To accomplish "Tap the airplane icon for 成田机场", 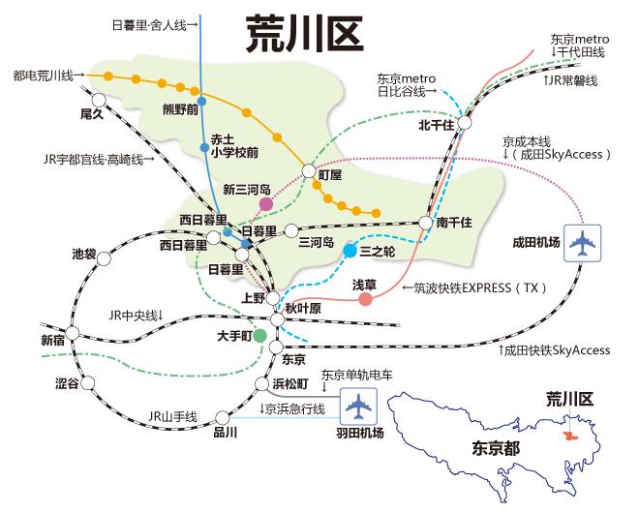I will (582, 243).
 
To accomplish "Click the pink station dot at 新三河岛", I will (265, 204).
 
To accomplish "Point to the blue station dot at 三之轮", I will (350, 252).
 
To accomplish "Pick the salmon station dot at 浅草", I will (365, 299).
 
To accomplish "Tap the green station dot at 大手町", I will (260, 335).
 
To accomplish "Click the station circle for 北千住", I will (464, 123).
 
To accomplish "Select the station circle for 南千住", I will (425, 223).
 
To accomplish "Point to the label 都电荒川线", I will (43, 75).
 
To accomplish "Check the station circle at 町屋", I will (310, 171).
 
